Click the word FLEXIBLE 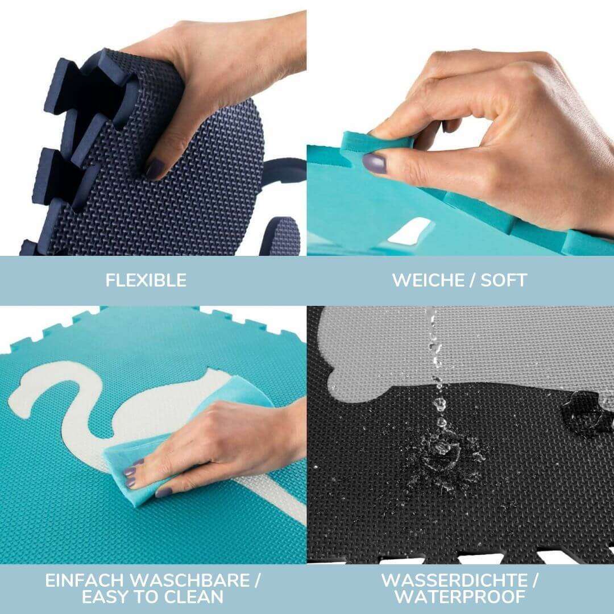click(x=146, y=280)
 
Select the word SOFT click(x=503, y=280)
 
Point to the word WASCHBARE click(x=195, y=580)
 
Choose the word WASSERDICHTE click(x=453, y=580)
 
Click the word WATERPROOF click(x=460, y=596)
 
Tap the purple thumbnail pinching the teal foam click(x=375, y=163)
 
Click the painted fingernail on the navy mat click(x=154, y=168)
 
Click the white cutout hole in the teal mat click(x=412, y=230)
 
